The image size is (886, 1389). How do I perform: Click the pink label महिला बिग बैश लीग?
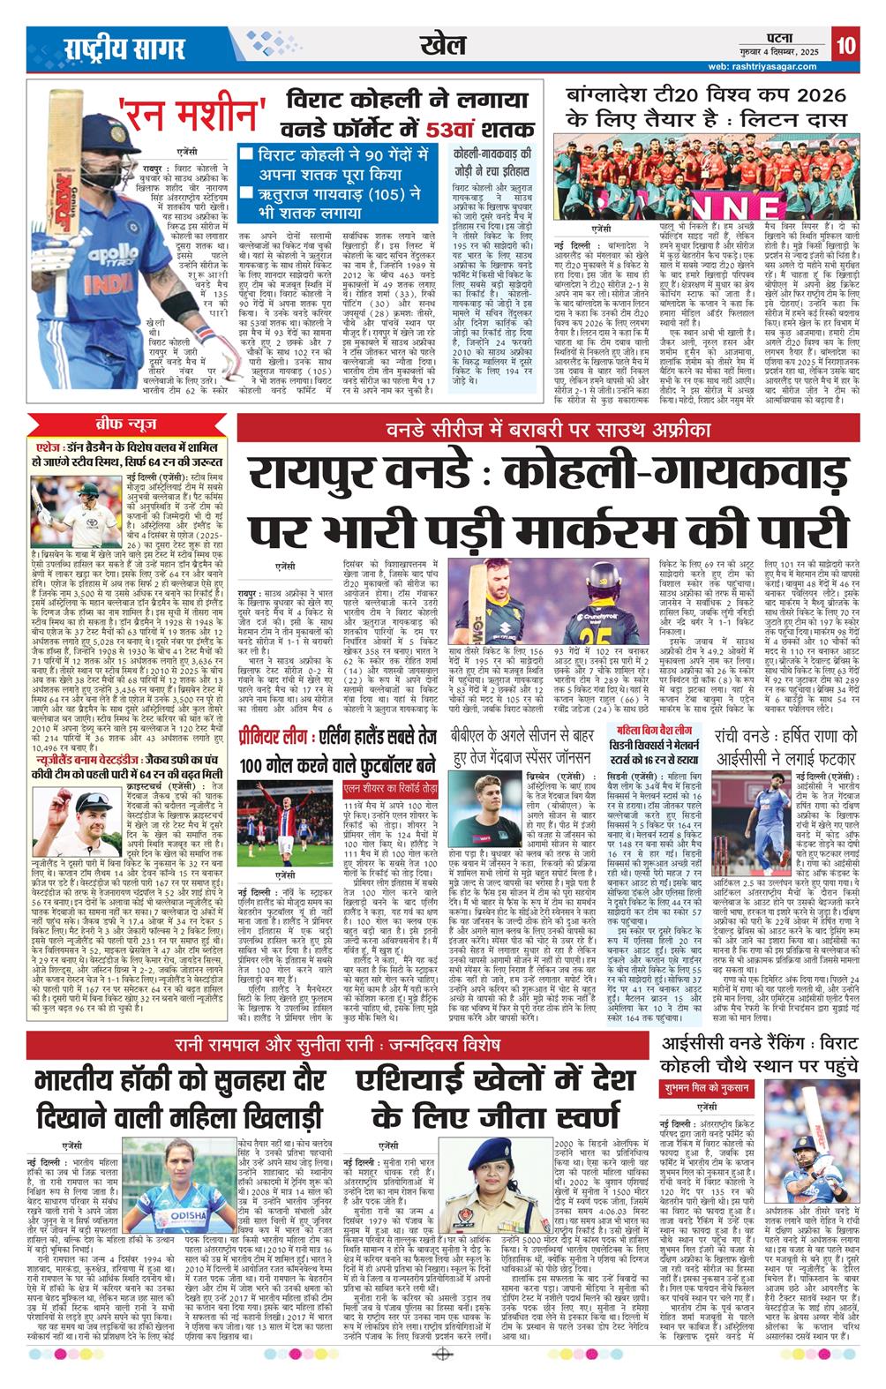click(653, 731)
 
